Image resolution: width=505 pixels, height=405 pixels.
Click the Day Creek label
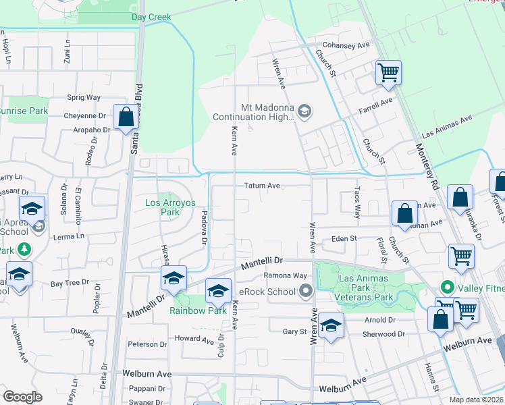coord(151,17)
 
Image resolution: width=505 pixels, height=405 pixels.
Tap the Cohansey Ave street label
coord(347,45)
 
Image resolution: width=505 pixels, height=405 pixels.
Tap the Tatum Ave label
coord(262,186)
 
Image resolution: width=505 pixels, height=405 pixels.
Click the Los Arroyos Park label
coord(163,207)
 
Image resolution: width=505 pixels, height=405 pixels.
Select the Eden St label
coord(344,239)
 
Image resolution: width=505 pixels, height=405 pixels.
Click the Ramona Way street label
coord(285,275)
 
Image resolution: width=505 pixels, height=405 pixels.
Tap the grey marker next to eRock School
coord(306,292)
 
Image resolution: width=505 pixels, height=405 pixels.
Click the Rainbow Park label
coord(188,310)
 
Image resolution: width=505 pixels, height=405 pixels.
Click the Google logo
coord(22,397)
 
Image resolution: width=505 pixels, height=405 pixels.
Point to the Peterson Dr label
coord(147,344)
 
